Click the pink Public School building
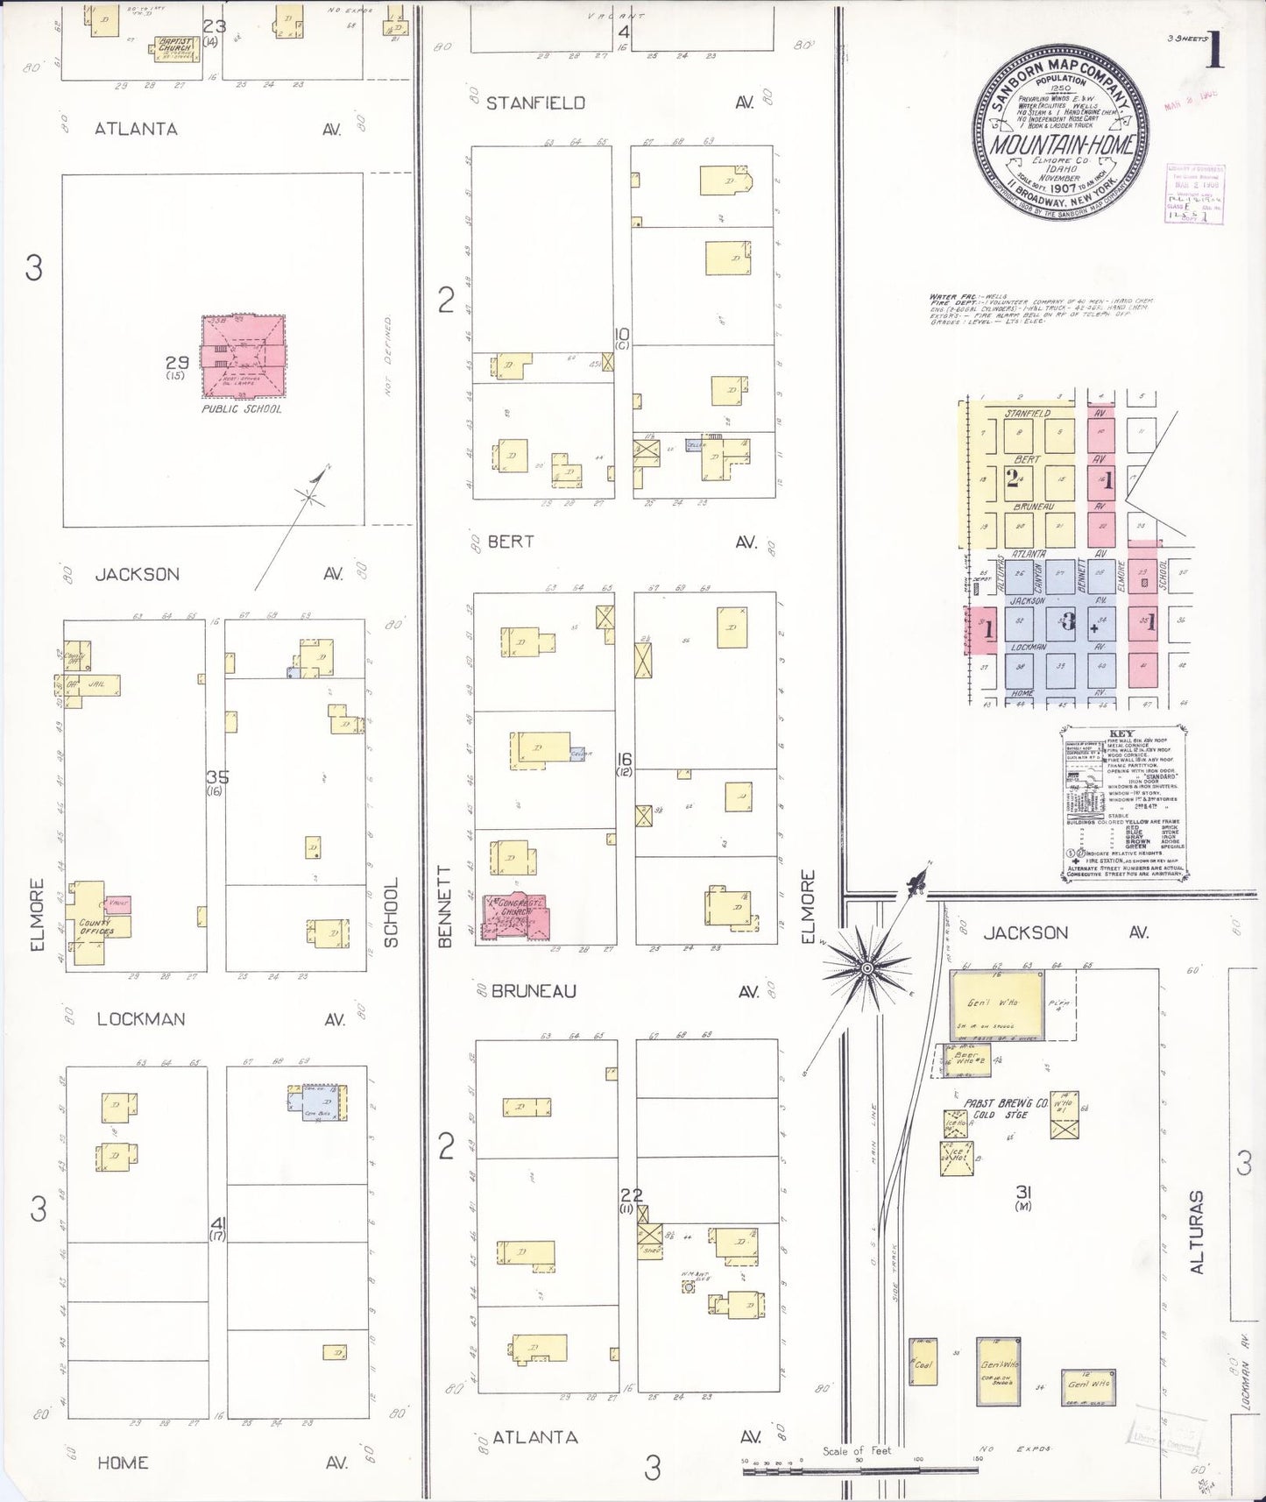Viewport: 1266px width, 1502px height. pyautogui.click(x=244, y=355)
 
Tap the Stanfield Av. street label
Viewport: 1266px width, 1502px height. pyautogui.click(x=535, y=103)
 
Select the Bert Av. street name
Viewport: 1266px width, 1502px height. pyautogui.click(x=511, y=542)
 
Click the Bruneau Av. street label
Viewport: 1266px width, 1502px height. pyautogui.click(x=534, y=991)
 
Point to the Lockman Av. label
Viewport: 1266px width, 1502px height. pyautogui.click(x=141, y=1018)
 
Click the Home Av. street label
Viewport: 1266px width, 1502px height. pyautogui.click(x=123, y=1462)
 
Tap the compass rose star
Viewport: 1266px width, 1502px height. pyautogui.click(x=866, y=967)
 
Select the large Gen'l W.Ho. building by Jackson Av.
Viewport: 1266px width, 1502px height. pyautogui.click(x=998, y=1003)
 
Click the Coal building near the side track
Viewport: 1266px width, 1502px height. pyautogui.click(x=923, y=1386)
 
